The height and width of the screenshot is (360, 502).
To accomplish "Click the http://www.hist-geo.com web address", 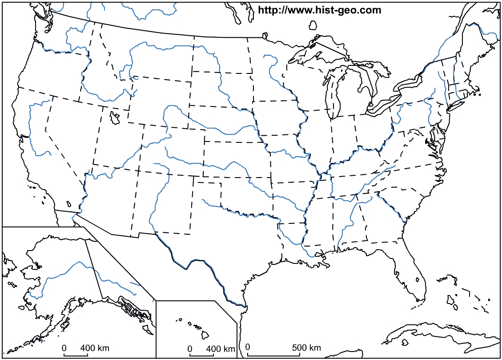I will [319, 10].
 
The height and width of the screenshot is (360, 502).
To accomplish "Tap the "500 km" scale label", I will [306, 348].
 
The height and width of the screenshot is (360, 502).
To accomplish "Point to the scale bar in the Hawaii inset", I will [198, 355].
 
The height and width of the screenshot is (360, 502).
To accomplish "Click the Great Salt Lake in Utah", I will [115, 118].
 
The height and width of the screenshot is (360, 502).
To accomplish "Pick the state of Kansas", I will [236, 156].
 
